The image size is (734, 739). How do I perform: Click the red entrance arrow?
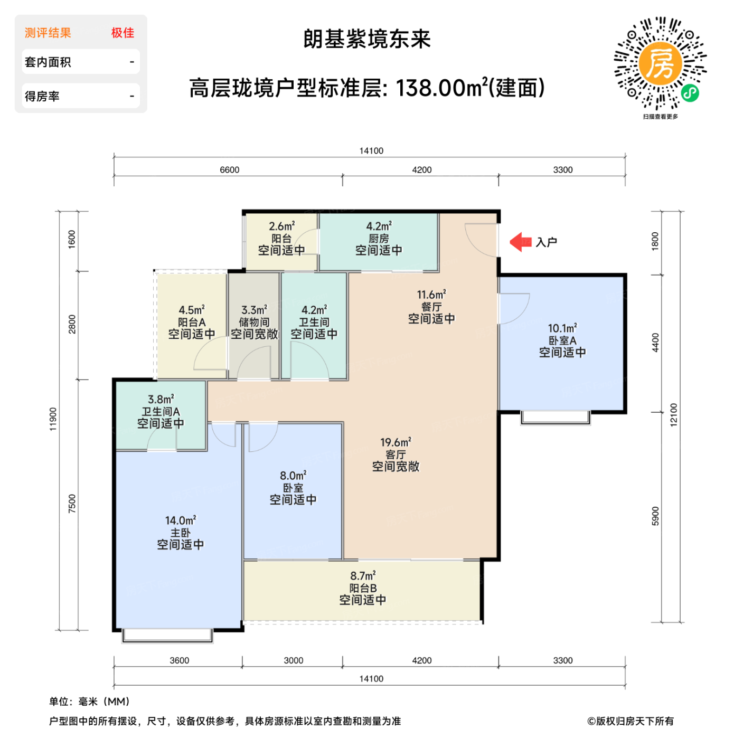tap(520, 242)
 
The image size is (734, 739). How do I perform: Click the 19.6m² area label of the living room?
tap(396, 442)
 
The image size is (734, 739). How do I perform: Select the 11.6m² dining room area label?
tap(431, 295)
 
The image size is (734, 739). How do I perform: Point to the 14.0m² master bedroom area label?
tap(180, 520)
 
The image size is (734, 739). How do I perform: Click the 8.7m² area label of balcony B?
tap(363, 576)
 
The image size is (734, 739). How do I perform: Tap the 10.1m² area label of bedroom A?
tap(562, 328)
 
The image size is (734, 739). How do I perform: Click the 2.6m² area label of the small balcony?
tap(281, 226)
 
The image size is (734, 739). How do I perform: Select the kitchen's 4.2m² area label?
tap(379, 226)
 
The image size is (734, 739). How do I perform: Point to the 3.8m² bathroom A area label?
tap(161, 400)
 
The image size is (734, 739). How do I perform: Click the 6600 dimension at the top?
tap(229, 170)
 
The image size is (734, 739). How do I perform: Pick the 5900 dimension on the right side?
tap(655, 516)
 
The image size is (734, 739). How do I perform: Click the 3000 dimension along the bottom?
tap(293, 660)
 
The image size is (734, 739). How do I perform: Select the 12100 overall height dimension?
tap(673, 415)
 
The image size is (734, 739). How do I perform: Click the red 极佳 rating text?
tap(123, 33)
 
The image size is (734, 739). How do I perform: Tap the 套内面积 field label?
tap(48, 62)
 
